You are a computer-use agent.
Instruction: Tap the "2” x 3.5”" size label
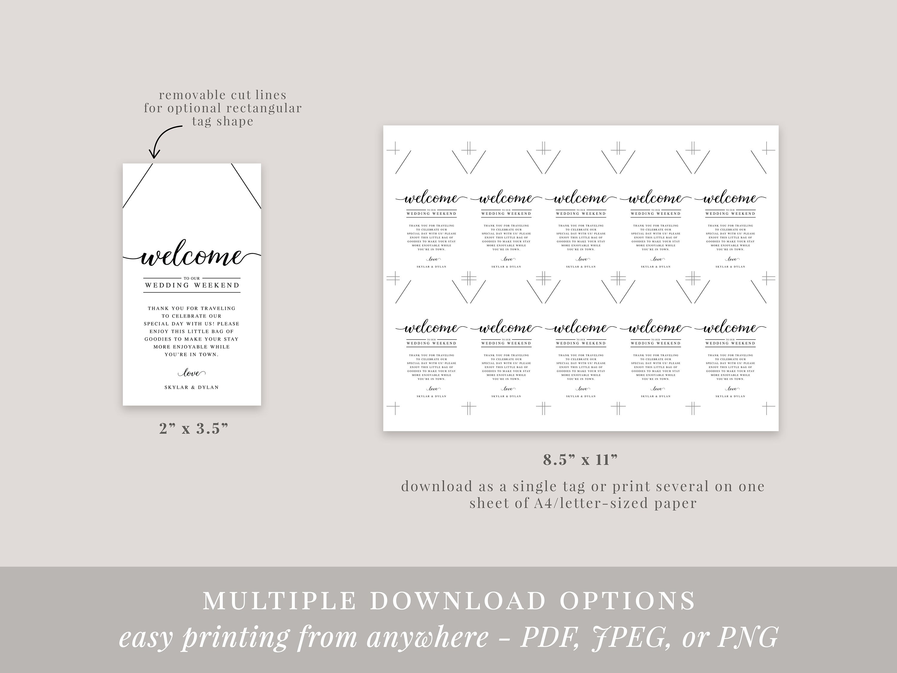click(x=193, y=428)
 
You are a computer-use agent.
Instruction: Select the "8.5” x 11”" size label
click(x=580, y=460)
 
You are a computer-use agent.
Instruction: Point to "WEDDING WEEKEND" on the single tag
click(x=192, y=285)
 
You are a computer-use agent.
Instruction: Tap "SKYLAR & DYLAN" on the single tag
click(x=191, y=387)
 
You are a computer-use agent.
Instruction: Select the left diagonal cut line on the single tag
click(x=138, y=186)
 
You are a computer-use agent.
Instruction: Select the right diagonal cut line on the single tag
click(x=246, y=186)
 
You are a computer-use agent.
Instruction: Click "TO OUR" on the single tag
click(x=192, y=278)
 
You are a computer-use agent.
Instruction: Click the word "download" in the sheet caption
click(x=431, y=486)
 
